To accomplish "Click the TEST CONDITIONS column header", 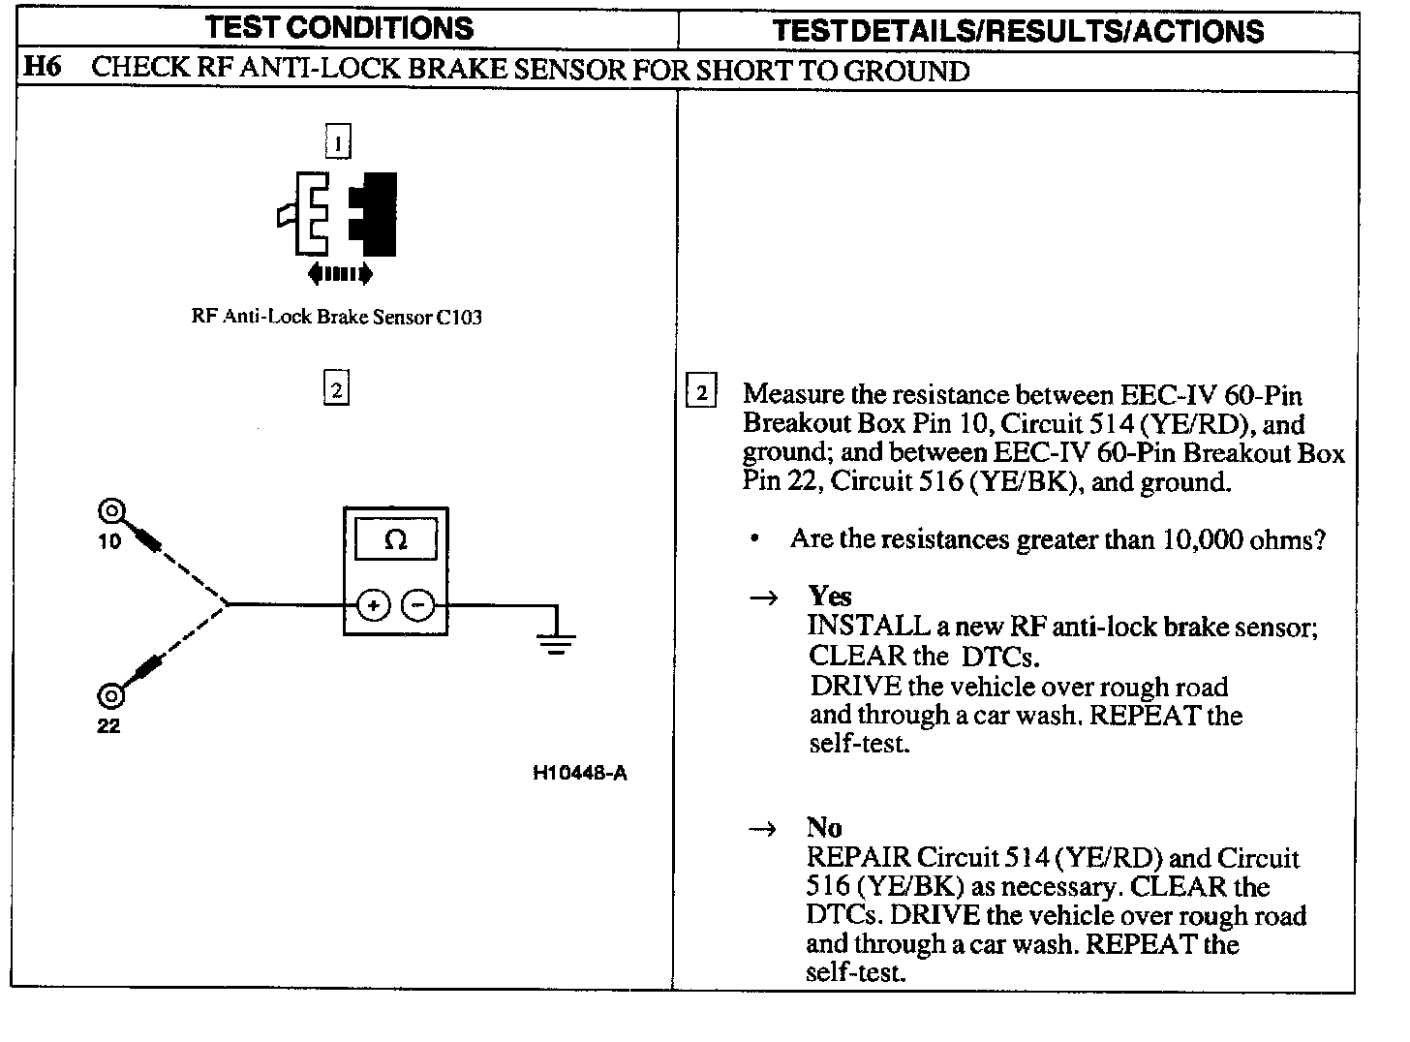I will [x=339, y=27].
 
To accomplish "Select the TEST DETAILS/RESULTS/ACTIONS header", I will [x=1019, y=30].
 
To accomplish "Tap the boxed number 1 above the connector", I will [x=337, y=143].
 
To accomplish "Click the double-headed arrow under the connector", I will [x=339, y=274].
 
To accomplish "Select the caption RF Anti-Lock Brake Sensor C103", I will [x=337, y=317].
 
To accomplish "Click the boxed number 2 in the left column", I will [x=335, y=389].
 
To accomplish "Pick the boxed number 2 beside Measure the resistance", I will [x=701, y=392].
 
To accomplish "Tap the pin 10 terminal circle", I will [x=111, y=511].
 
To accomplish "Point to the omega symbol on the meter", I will [x=395, y=540].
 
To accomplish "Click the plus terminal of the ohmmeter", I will [x=373, y=605].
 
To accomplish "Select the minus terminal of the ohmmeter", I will [x=418, y=605].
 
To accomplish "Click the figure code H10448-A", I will [x=579, y=773].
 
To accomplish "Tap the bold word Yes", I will [x=830, y=596].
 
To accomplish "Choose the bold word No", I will [x=824, y=828].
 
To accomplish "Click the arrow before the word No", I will [x=764, y=829].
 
